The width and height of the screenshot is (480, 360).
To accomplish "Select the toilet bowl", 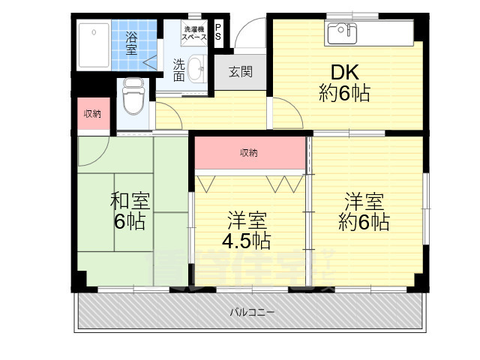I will (x=133, y=97).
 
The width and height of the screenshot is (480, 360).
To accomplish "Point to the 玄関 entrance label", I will (x=240, y=73).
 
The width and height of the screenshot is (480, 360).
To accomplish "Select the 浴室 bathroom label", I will (x=132, y=42).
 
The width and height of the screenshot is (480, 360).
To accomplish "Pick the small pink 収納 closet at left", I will (x=91, y=114).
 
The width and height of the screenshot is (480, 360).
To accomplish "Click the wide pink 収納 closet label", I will (x=249, y=153).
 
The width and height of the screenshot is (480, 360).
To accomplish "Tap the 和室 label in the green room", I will (x=130, y=201).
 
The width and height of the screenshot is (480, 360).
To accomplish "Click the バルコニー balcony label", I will (x=252, y=311).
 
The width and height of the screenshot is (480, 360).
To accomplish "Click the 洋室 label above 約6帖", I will (x=364, y=201).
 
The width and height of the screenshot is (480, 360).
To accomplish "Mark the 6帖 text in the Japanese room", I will (x=130, y=222).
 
